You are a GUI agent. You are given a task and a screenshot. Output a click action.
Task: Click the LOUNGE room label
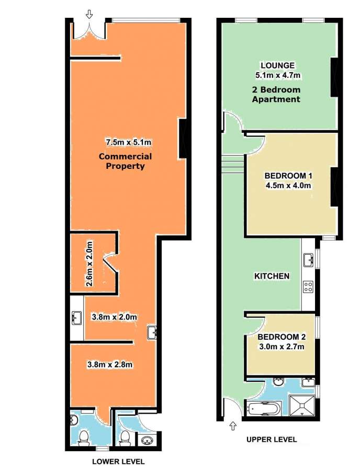[277, 65]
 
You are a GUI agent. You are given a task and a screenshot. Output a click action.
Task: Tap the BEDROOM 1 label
[288, 176]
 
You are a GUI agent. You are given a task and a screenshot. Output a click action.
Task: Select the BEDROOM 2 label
[282, 337]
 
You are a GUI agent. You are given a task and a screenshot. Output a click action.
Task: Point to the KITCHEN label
[272, 276]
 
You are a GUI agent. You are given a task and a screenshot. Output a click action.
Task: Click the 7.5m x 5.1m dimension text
[129, 142]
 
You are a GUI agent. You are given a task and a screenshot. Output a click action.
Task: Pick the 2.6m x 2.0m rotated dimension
[89, 264]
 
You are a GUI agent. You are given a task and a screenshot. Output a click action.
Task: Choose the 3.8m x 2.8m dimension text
[110, 364]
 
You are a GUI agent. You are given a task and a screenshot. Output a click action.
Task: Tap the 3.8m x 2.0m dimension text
[114, 317]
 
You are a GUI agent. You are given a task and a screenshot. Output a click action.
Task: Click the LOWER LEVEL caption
[118, 461]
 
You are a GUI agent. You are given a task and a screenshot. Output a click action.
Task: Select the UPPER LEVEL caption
[272, 439]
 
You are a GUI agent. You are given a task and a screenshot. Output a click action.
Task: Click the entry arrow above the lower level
[89, 14]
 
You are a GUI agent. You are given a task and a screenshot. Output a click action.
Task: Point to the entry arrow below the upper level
[233, 426]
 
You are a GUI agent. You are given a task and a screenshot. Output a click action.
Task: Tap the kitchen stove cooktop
[308, 287]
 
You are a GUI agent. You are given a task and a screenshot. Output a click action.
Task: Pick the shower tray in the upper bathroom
[302, 405]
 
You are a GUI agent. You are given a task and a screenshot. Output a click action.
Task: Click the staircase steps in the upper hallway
[233, 165]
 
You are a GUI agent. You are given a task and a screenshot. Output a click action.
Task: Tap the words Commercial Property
[126, 161]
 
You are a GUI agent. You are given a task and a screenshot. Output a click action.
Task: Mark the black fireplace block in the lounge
[334, 77]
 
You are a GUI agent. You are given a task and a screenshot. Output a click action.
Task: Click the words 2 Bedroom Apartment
[276, 94]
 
